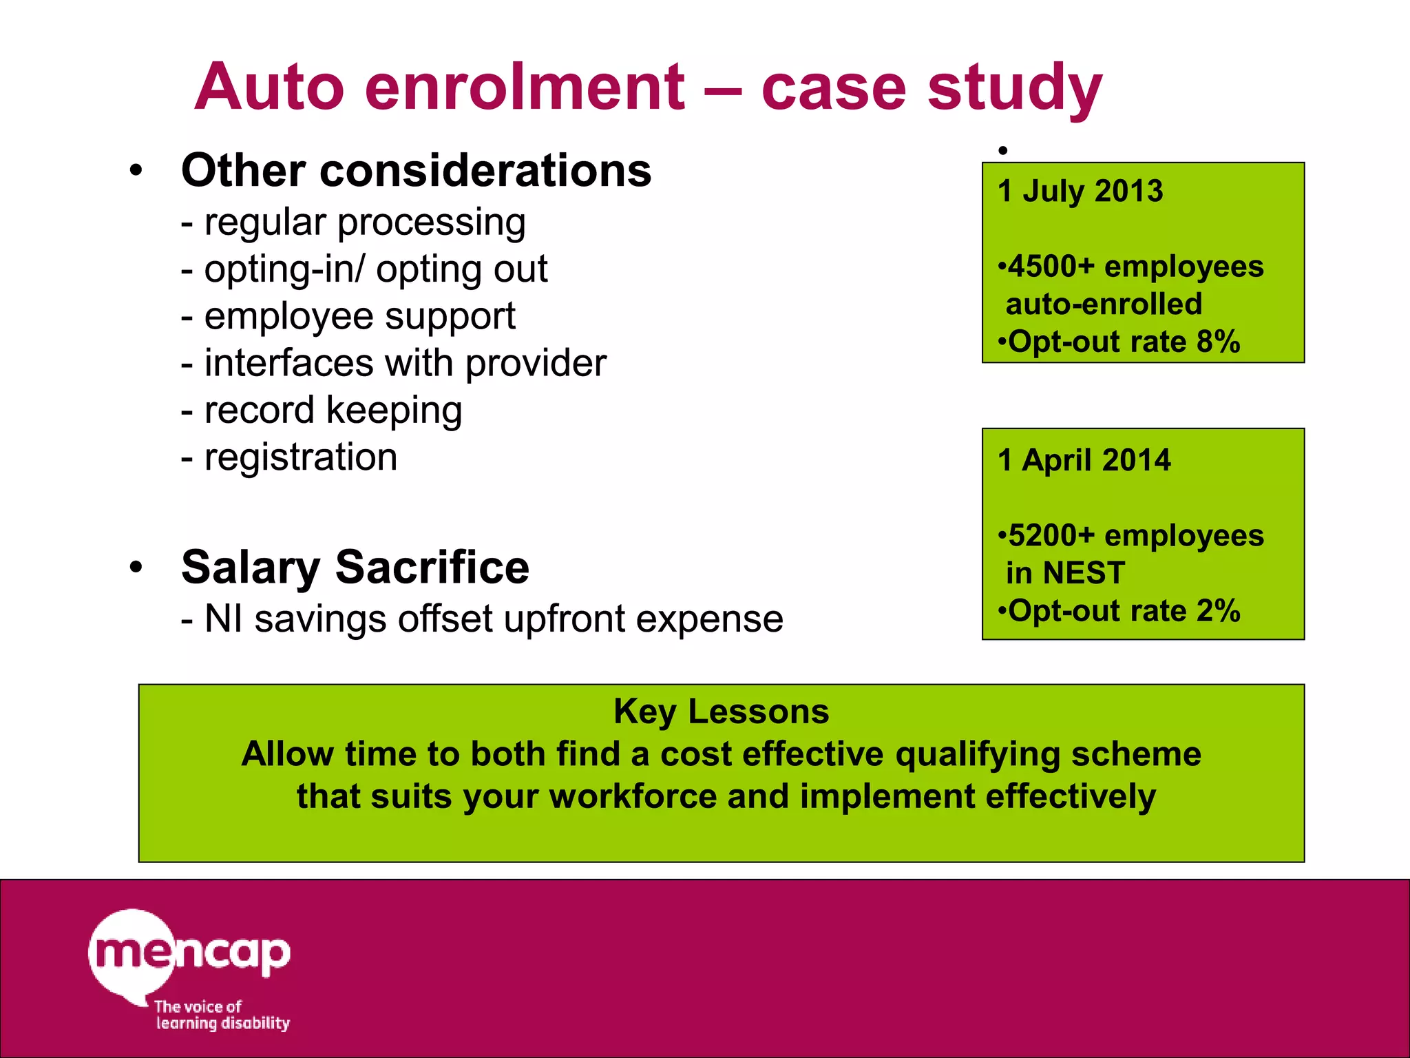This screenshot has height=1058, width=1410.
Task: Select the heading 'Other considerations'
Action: click(416, 170)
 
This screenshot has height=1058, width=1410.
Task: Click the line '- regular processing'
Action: click(353, 222)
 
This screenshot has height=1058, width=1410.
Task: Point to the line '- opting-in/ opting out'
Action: click(364, 269)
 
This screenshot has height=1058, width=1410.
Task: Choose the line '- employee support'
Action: click(348, 316)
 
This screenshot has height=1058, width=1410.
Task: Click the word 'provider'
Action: click(536, 363)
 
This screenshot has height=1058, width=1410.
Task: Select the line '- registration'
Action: click(289, 457)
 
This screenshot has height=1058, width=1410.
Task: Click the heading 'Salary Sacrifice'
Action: click(355, 567)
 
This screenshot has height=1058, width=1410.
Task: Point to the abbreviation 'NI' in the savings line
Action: click(223, 619)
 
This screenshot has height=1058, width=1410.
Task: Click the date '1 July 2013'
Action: click(1080, 191)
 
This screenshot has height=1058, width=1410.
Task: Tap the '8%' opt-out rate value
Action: click(1218, 342)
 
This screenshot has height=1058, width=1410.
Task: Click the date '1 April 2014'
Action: click(1084, 460)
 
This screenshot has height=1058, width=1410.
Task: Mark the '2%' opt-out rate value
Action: click(1218, 611)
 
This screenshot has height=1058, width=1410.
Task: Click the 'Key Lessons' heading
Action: click(721, 712)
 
